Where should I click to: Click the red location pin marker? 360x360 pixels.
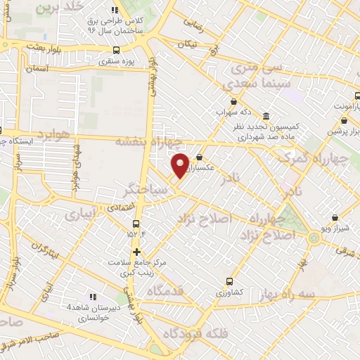coord(181,165)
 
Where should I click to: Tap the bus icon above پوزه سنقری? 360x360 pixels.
coord(117,50)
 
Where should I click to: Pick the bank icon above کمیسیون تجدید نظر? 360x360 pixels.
coord(266,116)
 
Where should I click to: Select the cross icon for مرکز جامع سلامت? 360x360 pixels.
coord(136,252)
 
